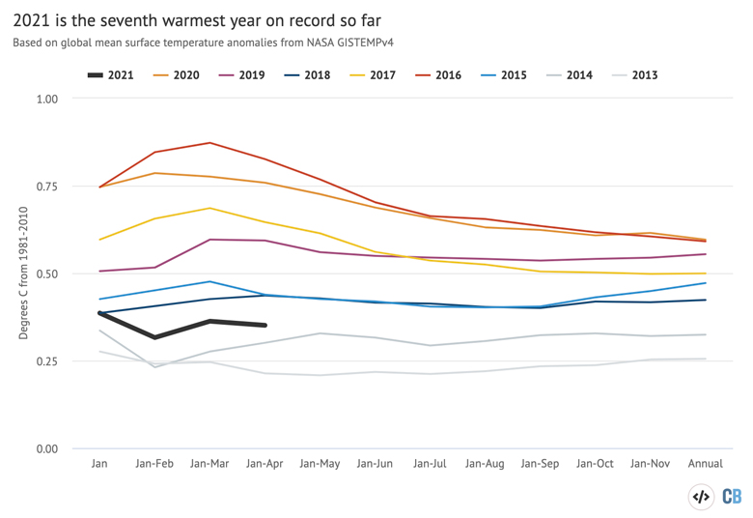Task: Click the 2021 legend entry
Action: coord(110,74)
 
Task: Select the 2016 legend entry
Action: coord(440,74)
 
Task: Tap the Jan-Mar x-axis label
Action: coord(209,464)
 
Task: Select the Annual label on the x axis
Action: coord(705,464)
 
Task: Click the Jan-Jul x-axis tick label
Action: coord(430,464)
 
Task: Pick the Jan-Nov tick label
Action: coord(650,464)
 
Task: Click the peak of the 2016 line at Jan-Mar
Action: coord(209,143)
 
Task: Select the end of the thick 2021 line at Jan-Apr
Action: coord(265,326)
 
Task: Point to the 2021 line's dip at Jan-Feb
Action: coord(154,337)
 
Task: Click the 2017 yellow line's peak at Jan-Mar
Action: coord(209,208)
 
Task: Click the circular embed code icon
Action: coord(701,496)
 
